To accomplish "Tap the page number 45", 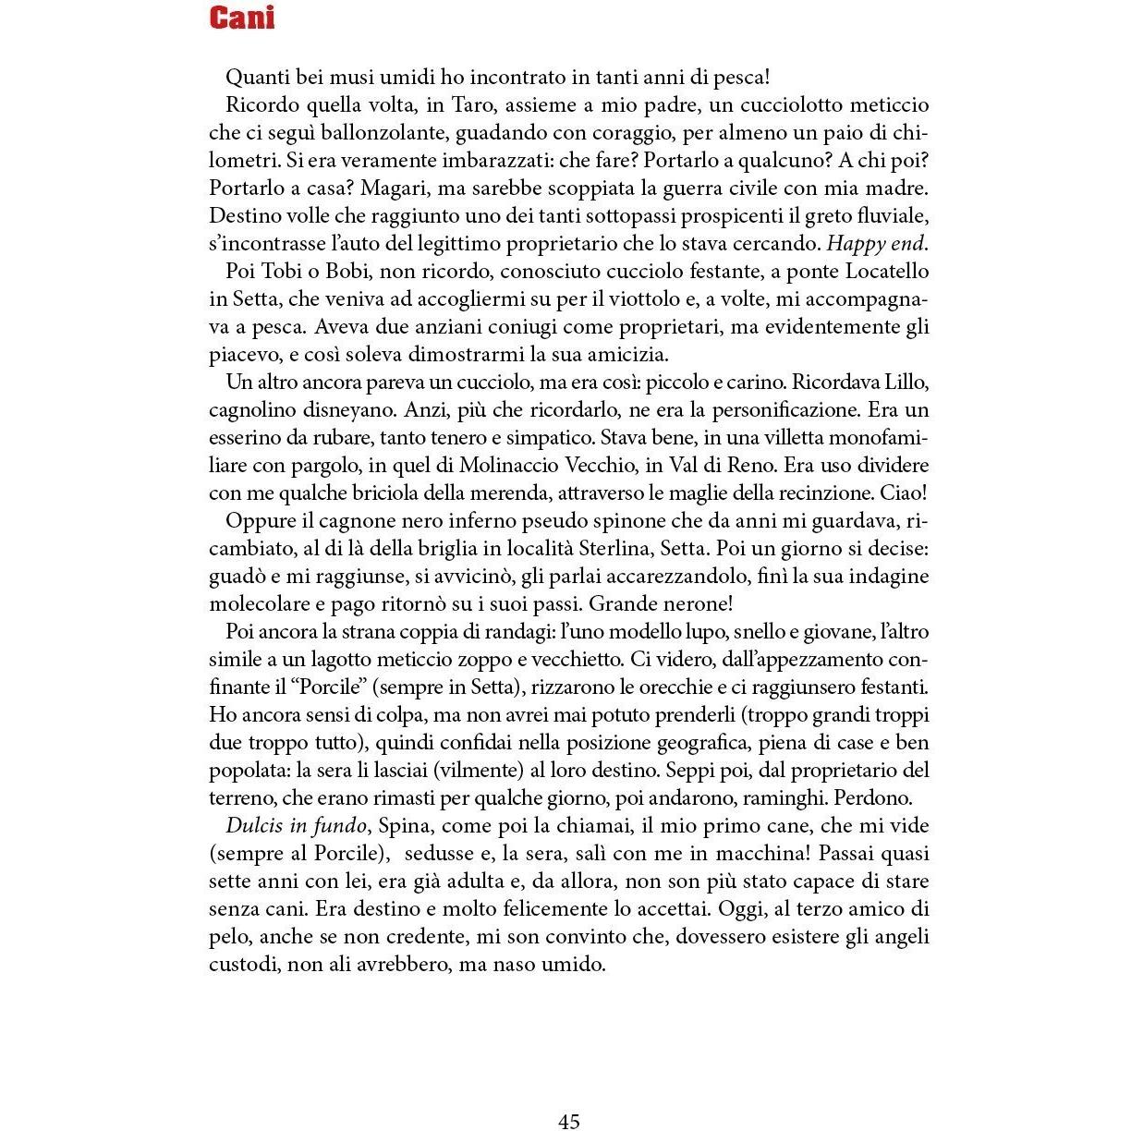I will pos(569,1121).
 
